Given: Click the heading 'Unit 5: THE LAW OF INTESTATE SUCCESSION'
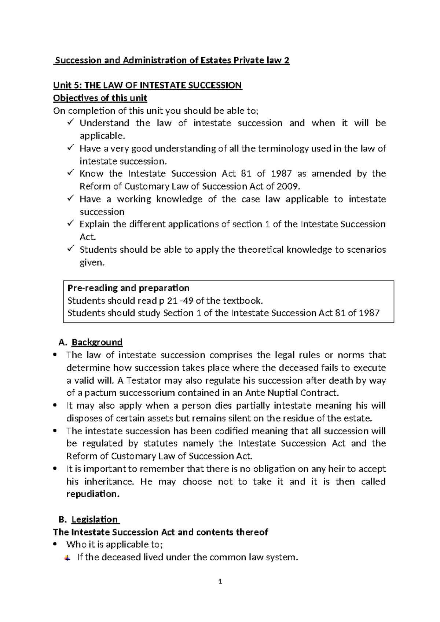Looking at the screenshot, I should click(x=147, y=85).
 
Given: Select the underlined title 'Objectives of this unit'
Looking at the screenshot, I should click(x=100, y=98).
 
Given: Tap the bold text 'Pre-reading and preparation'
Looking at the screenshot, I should click(x=128, y=288).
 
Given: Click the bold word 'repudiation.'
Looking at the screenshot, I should click(x=93, y=494).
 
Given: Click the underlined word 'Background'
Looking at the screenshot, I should click(x=97, y=342).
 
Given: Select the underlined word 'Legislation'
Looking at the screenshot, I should click(x=95, y=519).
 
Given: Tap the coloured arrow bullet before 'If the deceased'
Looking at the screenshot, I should click(x=67, y=558).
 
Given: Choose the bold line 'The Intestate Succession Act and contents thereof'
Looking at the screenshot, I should click(x=161, y=532).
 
